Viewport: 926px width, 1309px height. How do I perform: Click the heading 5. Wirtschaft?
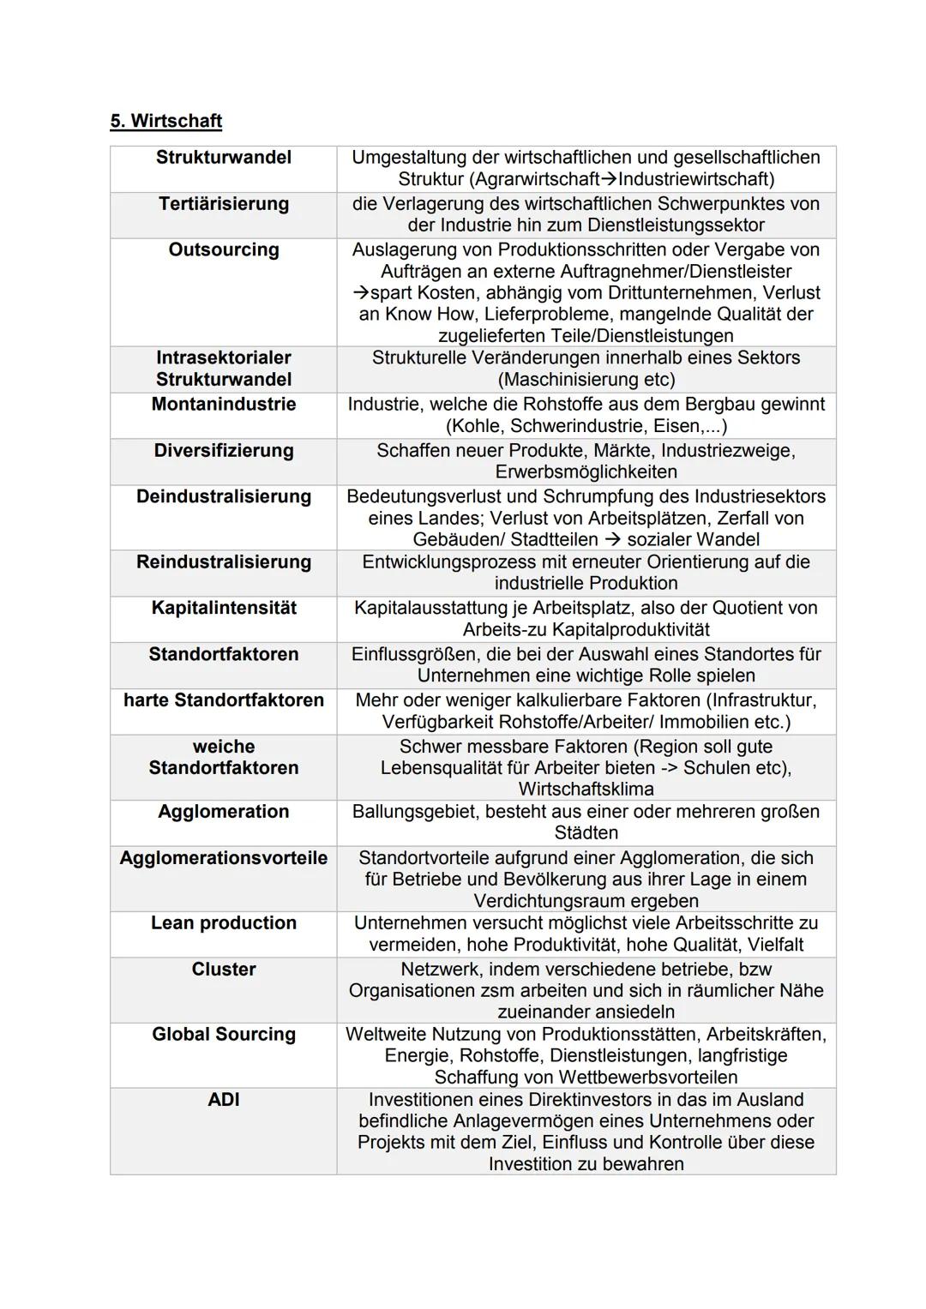tap(165, 121)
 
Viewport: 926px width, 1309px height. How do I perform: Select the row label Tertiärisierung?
tap(224, 204)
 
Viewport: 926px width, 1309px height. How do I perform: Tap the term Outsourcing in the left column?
tap(224, 250)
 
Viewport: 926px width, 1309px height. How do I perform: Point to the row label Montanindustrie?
tap(224, 405)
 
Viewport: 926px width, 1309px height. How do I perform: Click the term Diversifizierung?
tap(224, 451)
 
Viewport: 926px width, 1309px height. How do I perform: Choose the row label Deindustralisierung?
tap(224, 497)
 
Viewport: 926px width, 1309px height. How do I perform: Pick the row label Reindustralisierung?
tap(224, 562)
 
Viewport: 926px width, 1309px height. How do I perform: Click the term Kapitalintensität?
tap(224, 609)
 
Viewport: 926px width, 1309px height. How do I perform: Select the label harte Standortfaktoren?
tap(224, 700)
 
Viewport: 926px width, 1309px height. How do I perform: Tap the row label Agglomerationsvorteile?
tap(224, 858)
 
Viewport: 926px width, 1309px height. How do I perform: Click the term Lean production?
tap(224, 923)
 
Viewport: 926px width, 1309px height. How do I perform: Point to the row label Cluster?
tap(224, 970)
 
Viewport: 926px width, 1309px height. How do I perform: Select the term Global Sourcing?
tap(224, 1035)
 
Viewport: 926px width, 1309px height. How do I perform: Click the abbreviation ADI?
tap(224, 1100)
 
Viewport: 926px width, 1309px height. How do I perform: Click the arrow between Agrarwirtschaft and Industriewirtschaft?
tap(609, 179)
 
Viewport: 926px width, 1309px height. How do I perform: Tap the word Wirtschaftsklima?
tap(586, 790)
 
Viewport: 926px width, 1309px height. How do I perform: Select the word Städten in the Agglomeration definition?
tap(586, 833)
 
